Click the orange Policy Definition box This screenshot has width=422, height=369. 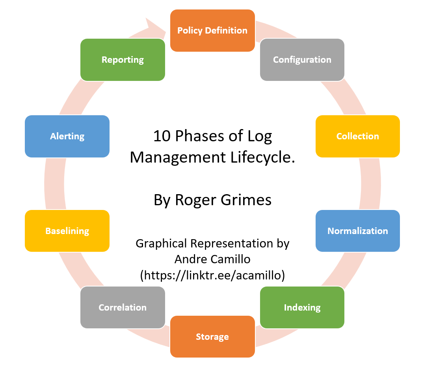[x=212, y=30]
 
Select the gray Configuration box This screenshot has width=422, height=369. [x=302, y=60]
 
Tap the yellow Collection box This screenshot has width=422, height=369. [x=357, y=136]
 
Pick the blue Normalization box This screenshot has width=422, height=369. [x=357, y=231]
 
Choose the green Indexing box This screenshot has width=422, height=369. [x=302, y=307]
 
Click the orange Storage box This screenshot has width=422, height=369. [x=212, y=337]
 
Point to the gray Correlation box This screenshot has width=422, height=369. [x=122, y=307]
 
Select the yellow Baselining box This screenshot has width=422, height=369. [x=67, y=231]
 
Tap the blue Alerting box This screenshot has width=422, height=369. [x=67, y=136]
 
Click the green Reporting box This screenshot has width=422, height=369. [x=122, y=60]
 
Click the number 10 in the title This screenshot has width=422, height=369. [x=160, y=136]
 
